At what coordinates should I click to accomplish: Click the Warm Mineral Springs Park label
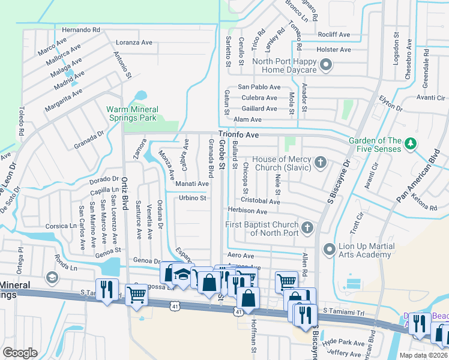(x=132, y=113)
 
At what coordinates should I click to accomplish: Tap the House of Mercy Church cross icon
(x=321, y=162)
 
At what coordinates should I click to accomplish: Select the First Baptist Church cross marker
(x=307, y=227)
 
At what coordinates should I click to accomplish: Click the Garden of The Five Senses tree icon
(x=411, y=144)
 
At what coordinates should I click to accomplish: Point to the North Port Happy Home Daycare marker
(x=327, y=65)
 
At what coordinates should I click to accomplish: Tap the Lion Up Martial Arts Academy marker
(x=328, y=248)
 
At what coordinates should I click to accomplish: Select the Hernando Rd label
(x=80, y=29)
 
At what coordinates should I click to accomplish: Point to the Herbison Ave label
(x=247, y=211)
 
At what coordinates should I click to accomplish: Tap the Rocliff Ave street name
(x=335, y=35)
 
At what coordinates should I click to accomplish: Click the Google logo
(x=20, y=353)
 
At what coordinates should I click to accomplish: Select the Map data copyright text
(x=423, y=355)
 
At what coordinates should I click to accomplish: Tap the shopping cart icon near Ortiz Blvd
(x=136, y=294)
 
